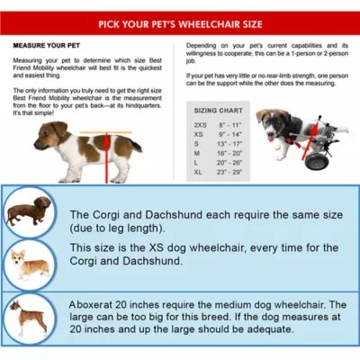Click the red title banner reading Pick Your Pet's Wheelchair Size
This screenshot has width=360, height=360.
click(x=180, y=23)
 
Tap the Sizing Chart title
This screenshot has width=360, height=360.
click(x=217, y=111)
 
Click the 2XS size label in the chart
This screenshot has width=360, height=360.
click(x=199, y=125)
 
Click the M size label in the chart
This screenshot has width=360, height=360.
click(x=197, y=153)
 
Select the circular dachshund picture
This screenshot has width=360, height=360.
click(x=28, y=212)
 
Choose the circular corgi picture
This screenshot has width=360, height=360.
click(x=28, y=264)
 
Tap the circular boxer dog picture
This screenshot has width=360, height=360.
click(x=28, y=316)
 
